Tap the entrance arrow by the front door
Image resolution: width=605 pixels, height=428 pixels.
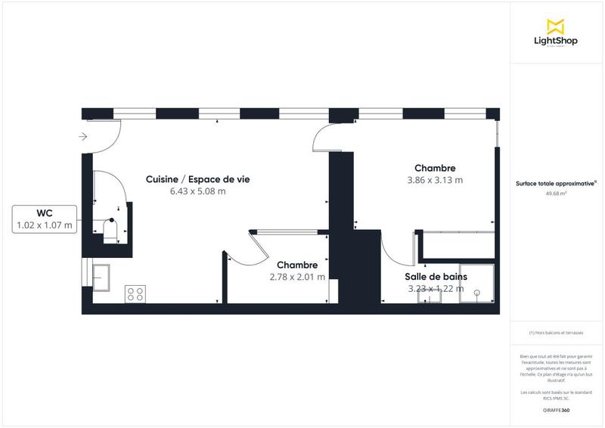click(x=83, y=137)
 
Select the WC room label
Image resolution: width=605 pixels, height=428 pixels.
click(x=45, y=212)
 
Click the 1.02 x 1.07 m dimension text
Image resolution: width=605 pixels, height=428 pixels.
click(x=45, y=225)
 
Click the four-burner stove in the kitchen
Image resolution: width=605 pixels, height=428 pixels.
click(x=136, y=293)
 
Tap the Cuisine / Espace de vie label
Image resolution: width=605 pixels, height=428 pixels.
click(x=198, y=179)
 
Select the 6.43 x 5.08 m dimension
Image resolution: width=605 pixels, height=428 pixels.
click(x=198, y=191)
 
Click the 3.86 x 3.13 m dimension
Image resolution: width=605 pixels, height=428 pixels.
click(x=435, y=180)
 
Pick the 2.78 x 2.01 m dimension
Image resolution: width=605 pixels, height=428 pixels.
click(x=297, y=277)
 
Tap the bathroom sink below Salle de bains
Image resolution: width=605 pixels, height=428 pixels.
click(x=431, y=296)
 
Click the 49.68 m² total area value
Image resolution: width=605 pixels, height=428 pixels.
click(x=556, y=194)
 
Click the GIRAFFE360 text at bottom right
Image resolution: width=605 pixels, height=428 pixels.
click(x=556, y=410)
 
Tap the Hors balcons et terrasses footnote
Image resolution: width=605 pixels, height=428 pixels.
click(x=556, y=333)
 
